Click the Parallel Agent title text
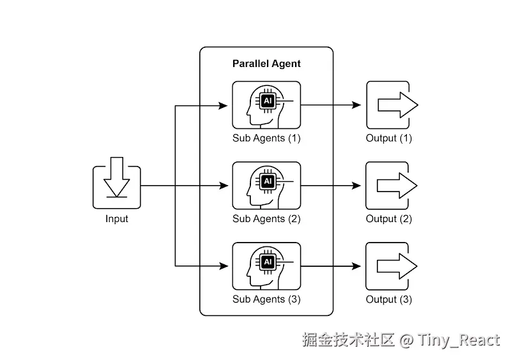coord(266,64)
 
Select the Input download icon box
coord(116,187)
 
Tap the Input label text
coord(116,219)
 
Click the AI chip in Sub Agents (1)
coord(267,101)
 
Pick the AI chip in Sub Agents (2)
coord(267,181)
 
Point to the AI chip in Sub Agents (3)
coord(267,262)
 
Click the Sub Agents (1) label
coord(266,138)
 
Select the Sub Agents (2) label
coord(266,219)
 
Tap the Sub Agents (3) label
coord(266,299)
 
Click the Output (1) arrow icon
coord(396,105)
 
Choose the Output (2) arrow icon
coord(396,186)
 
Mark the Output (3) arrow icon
coord(396,266)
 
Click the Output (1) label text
coord(388,138)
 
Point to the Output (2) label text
coord(388,219)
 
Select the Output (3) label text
coord(388,299)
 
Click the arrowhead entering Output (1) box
coord(357,105)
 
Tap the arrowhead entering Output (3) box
coord(357,266)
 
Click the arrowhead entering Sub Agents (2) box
coord(224,186)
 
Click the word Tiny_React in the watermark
coord(459,340)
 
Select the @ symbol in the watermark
coord(407,340)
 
